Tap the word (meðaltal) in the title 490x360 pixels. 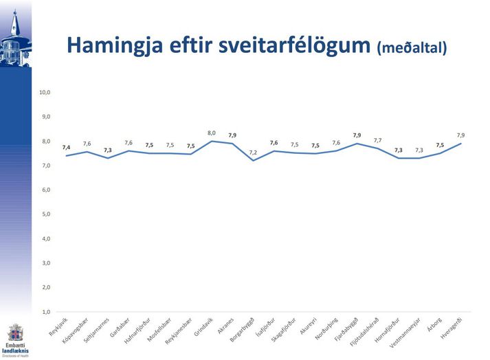[412, 47]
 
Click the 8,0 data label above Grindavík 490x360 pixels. [212, 133]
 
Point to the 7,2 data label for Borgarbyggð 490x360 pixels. [253, 152]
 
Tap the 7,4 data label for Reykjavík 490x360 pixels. [66, 147]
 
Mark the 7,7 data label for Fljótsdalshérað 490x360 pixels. [377, 140]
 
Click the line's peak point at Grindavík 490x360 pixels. [212, 141]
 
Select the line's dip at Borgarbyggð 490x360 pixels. [253, 160]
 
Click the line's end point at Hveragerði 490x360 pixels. [460, 144]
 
